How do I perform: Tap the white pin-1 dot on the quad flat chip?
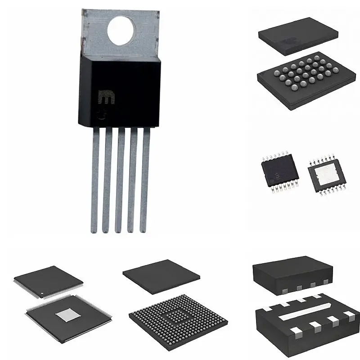(x=43, y=295)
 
